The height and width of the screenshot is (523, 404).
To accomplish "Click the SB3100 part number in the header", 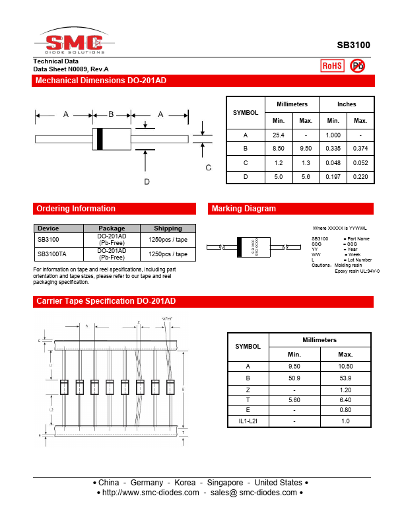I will pos(353,45).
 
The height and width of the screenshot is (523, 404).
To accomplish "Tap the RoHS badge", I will pos(332,65).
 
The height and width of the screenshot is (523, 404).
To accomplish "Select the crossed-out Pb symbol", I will pos(358,65).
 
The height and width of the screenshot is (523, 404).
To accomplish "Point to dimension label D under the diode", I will pos(147,181).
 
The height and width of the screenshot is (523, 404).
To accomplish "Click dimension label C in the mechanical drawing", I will pos(208,168).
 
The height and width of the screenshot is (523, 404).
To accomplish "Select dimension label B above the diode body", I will pos(111,114).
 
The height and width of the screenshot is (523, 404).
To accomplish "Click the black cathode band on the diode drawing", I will pos(100,138).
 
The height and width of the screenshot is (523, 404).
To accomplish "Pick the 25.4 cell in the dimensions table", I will pos(279,135).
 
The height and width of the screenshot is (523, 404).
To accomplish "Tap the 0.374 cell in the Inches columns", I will pos(360,149).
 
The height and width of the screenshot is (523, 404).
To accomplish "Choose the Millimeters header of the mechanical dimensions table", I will pos(292,104).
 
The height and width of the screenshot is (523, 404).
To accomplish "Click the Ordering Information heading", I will pos(76,209).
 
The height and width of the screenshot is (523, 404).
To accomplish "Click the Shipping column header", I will pos(168,228).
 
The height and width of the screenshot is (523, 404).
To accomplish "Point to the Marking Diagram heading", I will pos(244,209).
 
